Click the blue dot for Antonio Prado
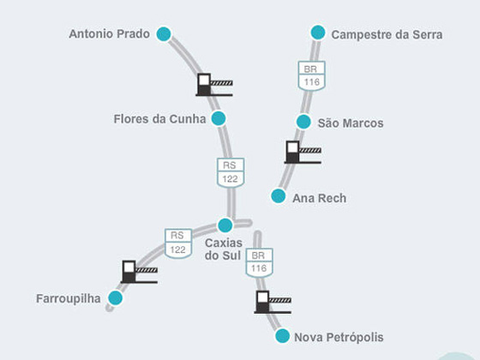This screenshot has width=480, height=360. pyautogui.click(x=164, y=34)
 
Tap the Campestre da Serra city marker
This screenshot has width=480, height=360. pyautogui.click(x=318, y=33)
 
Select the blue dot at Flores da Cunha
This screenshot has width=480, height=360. pyautogui.click(x=219, y=118)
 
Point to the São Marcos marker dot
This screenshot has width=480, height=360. pyautogui.click(x=303, y=122)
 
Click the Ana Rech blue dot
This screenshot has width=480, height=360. pyautogui.click(x=279, y=196)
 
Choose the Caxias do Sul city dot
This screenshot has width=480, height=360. pyautogui.click(x=225, y=225)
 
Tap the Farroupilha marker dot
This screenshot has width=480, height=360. pyautogui.click(x=116, y=298)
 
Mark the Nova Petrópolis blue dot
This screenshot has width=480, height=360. pyautogui.click(x=282, y=336)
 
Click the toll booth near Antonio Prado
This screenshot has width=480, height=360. pyautogui.click(x=214, y=85)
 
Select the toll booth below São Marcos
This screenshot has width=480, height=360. pyautogui.click(x=303, y=153)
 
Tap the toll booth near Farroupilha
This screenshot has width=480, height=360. pyautogui.click(x=139, y=272)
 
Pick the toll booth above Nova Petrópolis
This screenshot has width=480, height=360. pyautogui.click(x=273, y=302)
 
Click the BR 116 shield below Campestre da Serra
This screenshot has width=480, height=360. pyautogui.click(x=312, y=76)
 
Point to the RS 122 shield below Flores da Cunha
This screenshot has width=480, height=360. pyautogui.click(x=231, y=172)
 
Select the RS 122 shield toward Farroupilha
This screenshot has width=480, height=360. pyautogui.click(x=178, y=243)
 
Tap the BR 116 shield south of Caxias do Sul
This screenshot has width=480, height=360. pyautogui.click(x=259, y=262)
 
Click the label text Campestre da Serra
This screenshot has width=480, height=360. pyautogui.click(x=387, y=34)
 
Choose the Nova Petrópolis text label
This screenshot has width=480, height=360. pyautogui.click(x=339, y=338)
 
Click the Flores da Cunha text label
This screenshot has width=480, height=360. pyautogui.click(x=159, y=119)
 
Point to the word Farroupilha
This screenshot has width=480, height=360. pyautogui.click(x=69, y=299)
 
